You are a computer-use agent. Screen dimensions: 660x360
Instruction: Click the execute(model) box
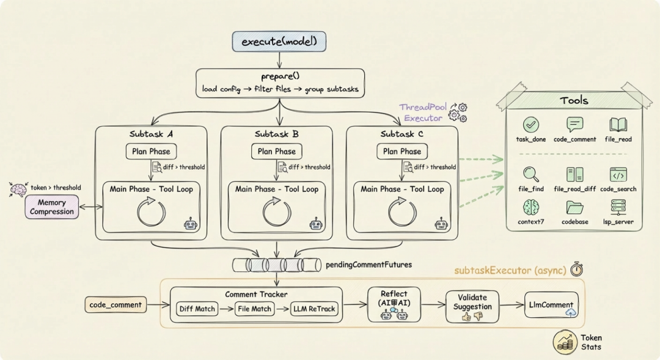[279, 42]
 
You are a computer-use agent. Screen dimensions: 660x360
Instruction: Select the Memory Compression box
[52, 207]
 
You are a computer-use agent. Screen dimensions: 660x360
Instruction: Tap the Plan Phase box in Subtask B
[277, 152]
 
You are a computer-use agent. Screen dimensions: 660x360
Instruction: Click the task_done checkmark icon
[531, 125]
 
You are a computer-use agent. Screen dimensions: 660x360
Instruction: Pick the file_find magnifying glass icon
[531, 174]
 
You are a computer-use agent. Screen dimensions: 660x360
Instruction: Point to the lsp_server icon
[618, 208]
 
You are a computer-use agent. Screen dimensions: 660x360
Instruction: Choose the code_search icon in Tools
[618, 174]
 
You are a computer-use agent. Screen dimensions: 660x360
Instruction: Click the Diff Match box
[197, 309]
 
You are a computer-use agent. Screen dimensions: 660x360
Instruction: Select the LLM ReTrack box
[314, 309]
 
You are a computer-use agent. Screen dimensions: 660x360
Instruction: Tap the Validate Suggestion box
[472, 307]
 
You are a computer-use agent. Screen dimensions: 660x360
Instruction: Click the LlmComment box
[551, 305]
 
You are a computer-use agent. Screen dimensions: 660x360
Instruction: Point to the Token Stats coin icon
[565, 342]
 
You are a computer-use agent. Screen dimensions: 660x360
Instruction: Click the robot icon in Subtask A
[191, 224]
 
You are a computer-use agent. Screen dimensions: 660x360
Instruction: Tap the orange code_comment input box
[116, 305]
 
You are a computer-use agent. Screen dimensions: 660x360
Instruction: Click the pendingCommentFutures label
[369, 265]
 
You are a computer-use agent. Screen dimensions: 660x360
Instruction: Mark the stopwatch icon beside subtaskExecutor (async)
[577, 269]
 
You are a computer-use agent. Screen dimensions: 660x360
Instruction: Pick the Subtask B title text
[277, 134]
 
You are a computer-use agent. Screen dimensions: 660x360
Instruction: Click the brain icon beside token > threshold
[18, 189]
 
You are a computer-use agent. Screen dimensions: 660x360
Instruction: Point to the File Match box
[254, 309]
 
